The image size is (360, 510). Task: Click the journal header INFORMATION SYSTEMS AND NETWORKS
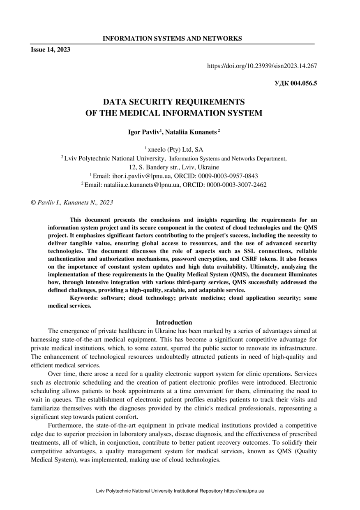172,39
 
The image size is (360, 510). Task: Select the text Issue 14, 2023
51,50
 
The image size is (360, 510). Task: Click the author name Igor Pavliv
145,132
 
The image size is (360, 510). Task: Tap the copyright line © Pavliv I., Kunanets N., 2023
72,202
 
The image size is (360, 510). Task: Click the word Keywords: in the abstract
83,298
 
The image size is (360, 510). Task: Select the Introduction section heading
174,322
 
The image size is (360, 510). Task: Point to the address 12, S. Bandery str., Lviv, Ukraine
174,167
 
